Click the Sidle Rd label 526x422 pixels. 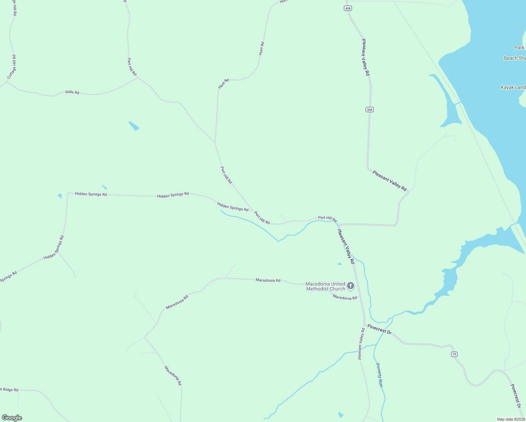(72, 92)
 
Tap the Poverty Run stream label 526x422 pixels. (379, 375)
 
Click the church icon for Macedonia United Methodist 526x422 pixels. (351, 286)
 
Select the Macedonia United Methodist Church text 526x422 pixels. (325, 286)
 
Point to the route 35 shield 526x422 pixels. (454, 354)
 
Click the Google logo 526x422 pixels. (12, 418)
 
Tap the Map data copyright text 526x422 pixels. (511, 419)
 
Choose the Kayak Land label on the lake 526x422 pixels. (513, 87)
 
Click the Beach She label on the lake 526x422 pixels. (514, 58)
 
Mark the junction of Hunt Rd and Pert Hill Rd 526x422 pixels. (215, 143)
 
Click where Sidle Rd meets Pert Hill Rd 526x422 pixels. (137, 77)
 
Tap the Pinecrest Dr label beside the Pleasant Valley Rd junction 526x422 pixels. (379, 329)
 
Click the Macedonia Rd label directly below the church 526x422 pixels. (345, 298)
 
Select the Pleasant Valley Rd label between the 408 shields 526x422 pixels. (366, 57)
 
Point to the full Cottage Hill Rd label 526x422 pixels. (12, 67)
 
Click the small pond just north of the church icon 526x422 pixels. (339, 264)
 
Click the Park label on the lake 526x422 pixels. (519, 47)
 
